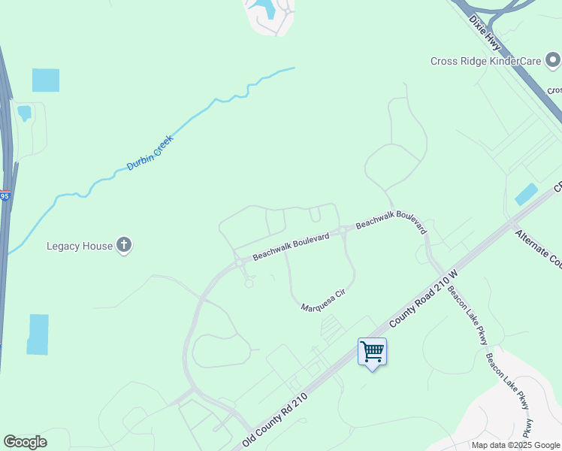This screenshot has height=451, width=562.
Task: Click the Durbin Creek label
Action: pyautogui.click(x=150, y=153)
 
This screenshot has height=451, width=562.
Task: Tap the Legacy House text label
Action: pyautogui.click(x=79, y=246)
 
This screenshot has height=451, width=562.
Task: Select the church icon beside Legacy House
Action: pyautogui.click(x=125, y=245)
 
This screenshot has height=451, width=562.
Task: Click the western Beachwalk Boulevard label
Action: pyautogui.click(x=291, y=247)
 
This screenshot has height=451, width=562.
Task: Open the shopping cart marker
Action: pyautogui.click(x=372, y=353)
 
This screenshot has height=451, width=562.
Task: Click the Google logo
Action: pyautogui.click(x=25, y=442)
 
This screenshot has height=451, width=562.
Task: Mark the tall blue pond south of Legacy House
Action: pyautogui.click(x=38, y=334)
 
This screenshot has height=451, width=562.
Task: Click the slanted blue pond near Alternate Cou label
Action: pyautogui.click(x=527, y=194)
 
